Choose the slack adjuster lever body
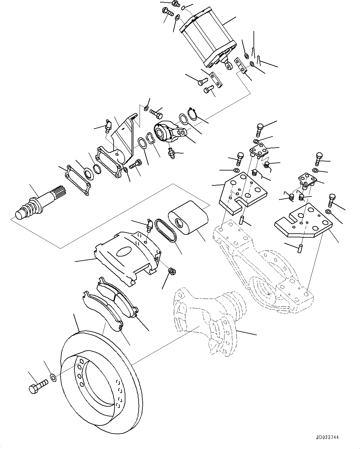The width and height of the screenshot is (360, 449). tap(167, 132)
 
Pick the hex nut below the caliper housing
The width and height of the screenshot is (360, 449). tap(172, 272)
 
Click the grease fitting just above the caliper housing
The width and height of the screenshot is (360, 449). tap(149, 226)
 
